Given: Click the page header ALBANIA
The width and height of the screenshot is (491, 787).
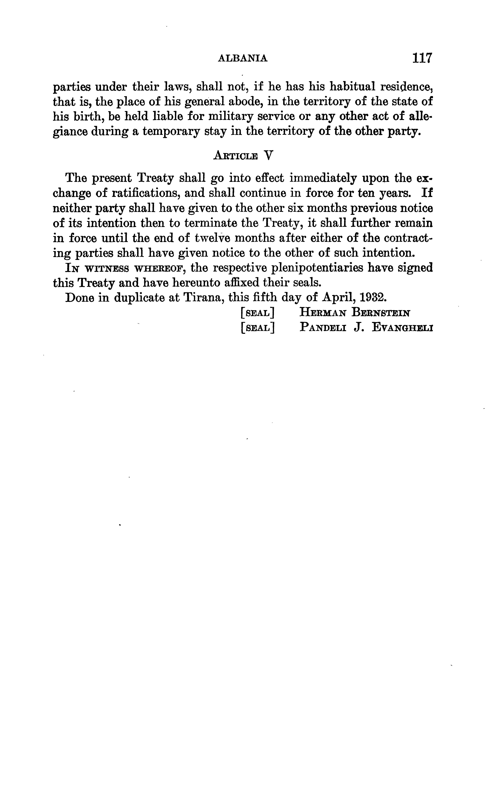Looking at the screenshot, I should (243, 58).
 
